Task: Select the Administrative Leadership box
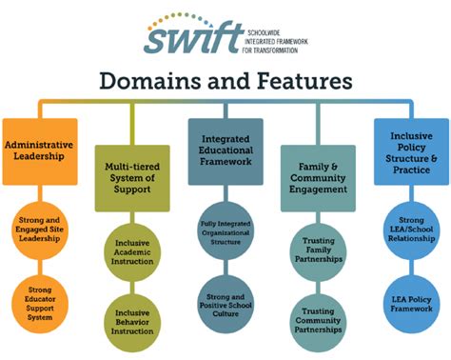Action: [39, 150]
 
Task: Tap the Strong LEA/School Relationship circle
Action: [410, 228]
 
